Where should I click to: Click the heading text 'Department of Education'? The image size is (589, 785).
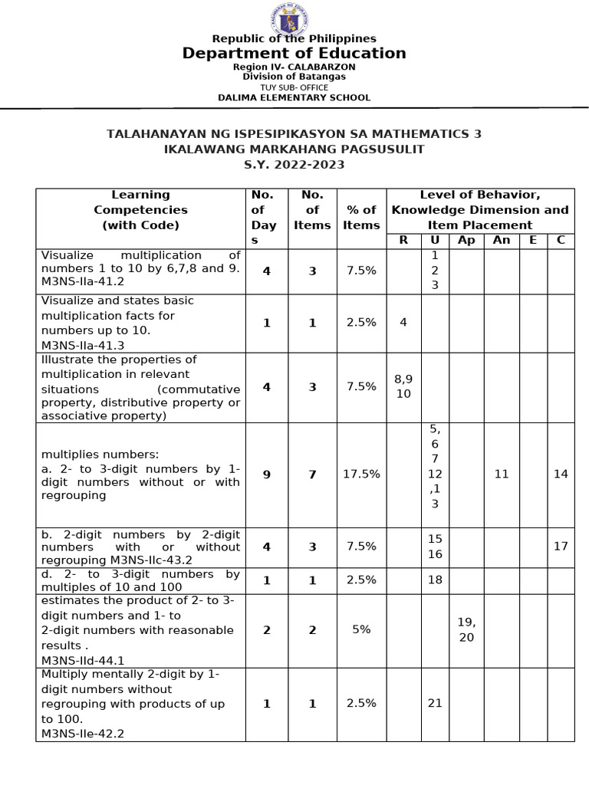[294, 53]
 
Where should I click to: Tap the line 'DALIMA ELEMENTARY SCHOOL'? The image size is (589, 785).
[294, 97]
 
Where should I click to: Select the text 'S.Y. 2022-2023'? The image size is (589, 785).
[294, 165]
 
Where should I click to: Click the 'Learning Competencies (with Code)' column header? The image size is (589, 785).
[140, 210]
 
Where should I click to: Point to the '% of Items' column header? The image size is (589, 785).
[361, 217]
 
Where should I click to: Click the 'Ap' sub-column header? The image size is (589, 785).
[466, 240]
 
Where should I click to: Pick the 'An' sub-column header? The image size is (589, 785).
[502, 240]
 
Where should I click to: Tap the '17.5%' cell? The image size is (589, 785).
[361, 475]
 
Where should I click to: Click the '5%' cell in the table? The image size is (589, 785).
[361, 629]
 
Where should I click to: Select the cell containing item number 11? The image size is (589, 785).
[502, 475]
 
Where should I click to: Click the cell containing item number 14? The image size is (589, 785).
[561, 475]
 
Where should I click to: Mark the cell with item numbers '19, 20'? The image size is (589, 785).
[466, 629]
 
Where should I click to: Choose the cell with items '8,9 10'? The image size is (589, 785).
[403, 386]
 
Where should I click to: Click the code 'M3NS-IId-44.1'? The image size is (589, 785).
[83, 659]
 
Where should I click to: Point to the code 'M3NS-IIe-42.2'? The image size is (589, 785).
[83, 734]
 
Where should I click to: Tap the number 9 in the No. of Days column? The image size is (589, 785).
[266, 475]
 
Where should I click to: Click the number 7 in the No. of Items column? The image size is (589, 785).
[312, 475]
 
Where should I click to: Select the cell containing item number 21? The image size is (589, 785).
[435, 704]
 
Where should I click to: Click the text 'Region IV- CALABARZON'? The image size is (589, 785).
[294, 67]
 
